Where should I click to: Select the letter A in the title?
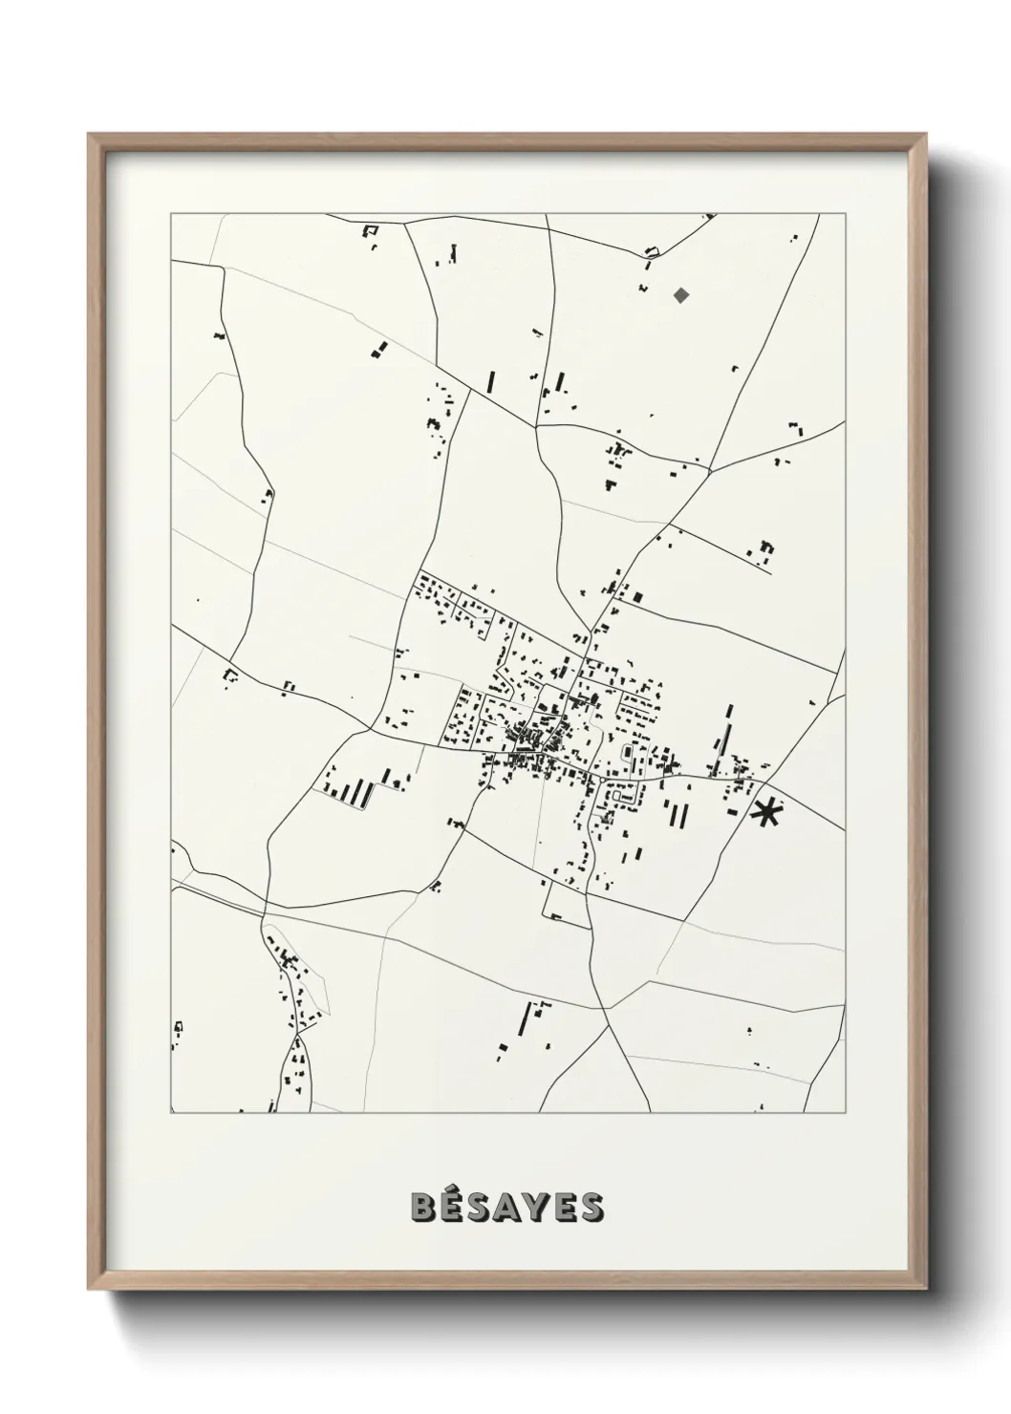tap(507, 1207)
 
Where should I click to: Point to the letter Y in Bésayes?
tap(536, 1207)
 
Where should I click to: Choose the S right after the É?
tap(479, 1207)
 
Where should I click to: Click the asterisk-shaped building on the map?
tap(766, 813)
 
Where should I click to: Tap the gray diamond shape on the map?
tap(680, 294)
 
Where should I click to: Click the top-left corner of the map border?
tap(171, 214)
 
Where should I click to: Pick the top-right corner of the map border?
tap(846, 214)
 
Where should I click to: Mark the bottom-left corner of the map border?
tap(171, 1113)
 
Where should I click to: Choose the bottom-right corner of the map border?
tap(846, 1113)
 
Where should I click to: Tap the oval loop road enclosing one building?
tap(627, 754)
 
